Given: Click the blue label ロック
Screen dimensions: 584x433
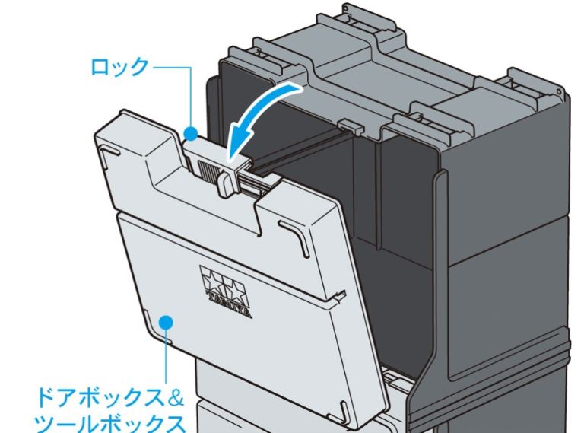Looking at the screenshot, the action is (120, 67).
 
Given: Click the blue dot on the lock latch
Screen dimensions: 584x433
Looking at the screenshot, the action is (192, 133).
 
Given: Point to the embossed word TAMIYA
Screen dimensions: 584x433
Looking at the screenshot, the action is (229, 304).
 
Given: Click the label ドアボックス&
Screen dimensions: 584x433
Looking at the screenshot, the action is (109, 397).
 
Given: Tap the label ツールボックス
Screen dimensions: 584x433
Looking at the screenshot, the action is (110, 423).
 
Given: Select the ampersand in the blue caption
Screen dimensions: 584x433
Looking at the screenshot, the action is (174, 397).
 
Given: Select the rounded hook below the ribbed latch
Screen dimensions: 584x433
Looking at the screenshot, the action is (226, 183).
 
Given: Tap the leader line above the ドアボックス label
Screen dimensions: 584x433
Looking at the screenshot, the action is (166, 357).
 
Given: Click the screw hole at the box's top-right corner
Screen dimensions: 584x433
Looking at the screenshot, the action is (559, 91).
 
